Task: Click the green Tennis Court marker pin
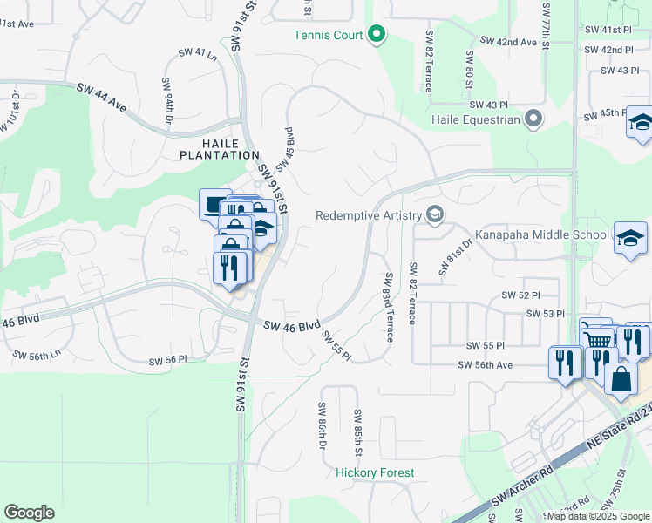pyautogui.click(x=377, y=35)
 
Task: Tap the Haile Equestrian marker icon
pyautogui.click(x=533, y=119)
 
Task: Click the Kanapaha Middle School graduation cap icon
pyautogui.click(x=631, y=238)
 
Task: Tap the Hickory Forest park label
pyautogui.click(x=376, y=472)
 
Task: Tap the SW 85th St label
pyautogui.click(x=357, y=432)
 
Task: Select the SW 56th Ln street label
pyautogui.click(x=37, y=356)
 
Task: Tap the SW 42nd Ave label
pyautogui.click(x=510, y=41)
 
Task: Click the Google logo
pyautogui.click(x=29, y=512)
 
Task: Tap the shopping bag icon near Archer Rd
pyautogui.click(x=620, y=380)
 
